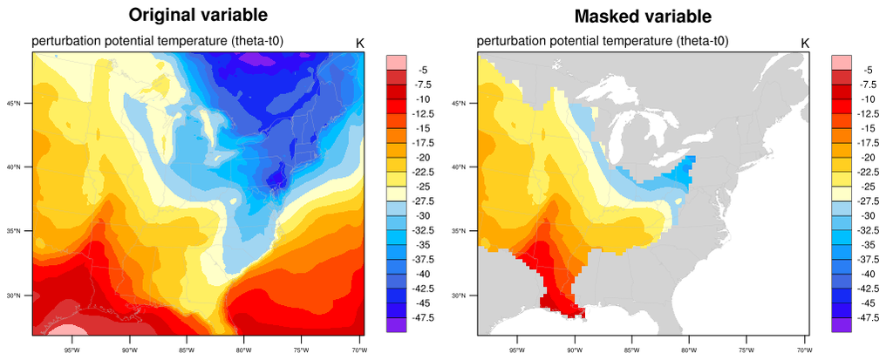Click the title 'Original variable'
(x=198, y=16)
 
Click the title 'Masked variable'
(x=643, y=16)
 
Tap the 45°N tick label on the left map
(x=22, y=103)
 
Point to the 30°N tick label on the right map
(x=467, y=295)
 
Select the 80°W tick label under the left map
(x=242, y=350)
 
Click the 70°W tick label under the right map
(x=801, y=350)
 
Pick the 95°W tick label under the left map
(x=72, y=350)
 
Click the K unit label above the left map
(x=360, y=43)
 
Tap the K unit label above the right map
(x=805, y=43)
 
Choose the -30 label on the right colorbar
(x=866, y=215)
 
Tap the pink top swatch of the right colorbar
(x=841, y=61)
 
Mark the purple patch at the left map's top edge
(x=254, y=58)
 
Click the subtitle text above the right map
(x=603, y=41)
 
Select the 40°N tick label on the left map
(x=22, y=166)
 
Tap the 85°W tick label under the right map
(x=630, y=350)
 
